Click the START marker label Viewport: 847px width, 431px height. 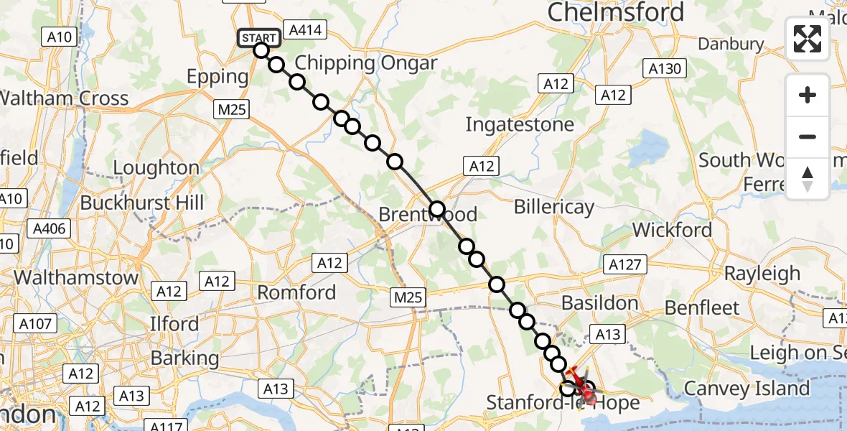258,37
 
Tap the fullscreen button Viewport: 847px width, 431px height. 808,39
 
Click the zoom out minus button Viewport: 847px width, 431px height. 808,136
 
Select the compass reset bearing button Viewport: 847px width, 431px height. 808,179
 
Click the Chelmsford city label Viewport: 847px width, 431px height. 615,11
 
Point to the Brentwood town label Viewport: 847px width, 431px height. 427,215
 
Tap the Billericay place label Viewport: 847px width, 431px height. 554,208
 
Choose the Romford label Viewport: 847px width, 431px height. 296,292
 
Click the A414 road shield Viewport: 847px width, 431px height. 305,29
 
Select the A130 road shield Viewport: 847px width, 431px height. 665,69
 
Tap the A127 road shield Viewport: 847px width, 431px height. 624,264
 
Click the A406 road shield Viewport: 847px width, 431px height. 49,230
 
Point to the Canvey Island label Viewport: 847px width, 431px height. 747,389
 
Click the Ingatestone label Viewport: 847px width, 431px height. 520,124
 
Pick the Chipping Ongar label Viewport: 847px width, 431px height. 365,62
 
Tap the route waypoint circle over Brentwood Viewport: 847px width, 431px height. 437,210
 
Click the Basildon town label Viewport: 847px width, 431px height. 600,302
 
